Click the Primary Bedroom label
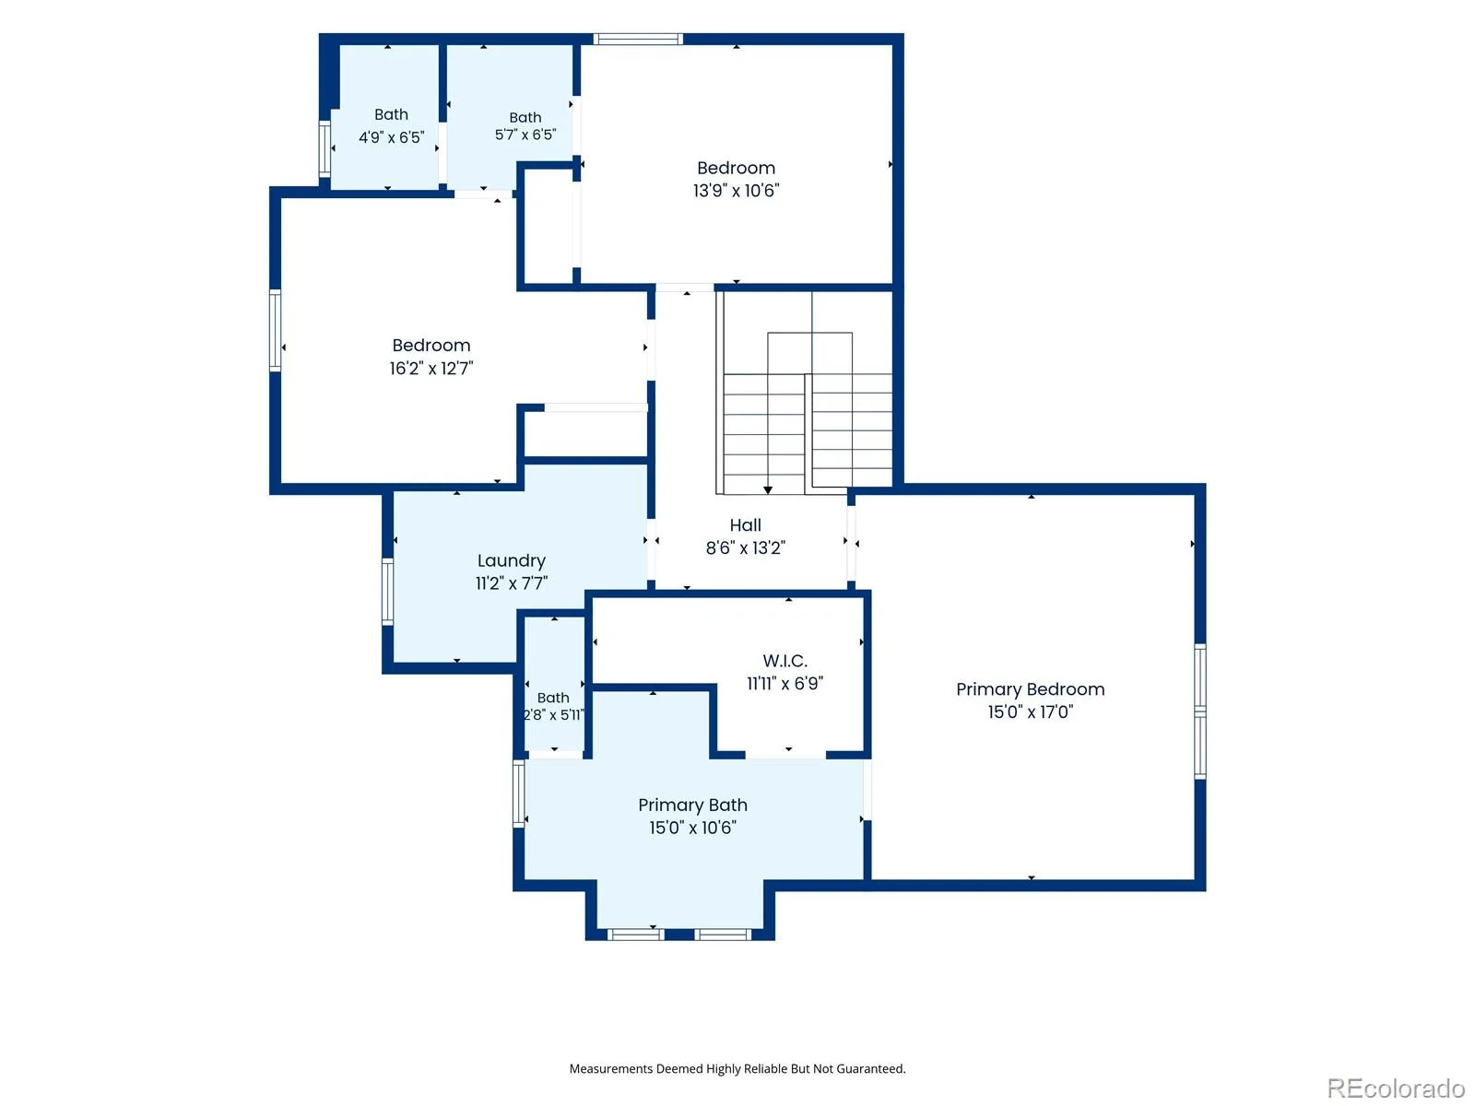click(1030, 689)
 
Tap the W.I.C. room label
click(785, 661)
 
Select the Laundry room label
click(512, 560)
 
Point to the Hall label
click(745, 525)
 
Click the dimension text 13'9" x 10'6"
click(736, 191)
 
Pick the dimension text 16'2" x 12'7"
click(431, 368)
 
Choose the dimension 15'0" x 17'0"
click(1030, 712)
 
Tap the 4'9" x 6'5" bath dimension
click(391, 137)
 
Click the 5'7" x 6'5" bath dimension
click(525, 135)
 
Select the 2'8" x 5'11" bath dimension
click(554, 714)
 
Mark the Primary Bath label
click(693, 805)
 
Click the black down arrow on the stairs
click(767, 489)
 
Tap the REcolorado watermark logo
click(1395, 1087)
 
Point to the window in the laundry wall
click(388, 592)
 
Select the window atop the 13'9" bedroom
click(638, 39)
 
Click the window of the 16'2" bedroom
click(275, 330)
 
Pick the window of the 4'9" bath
click(324, 148)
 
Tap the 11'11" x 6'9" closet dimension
click(785, 684)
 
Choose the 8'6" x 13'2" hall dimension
click(745, 548)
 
